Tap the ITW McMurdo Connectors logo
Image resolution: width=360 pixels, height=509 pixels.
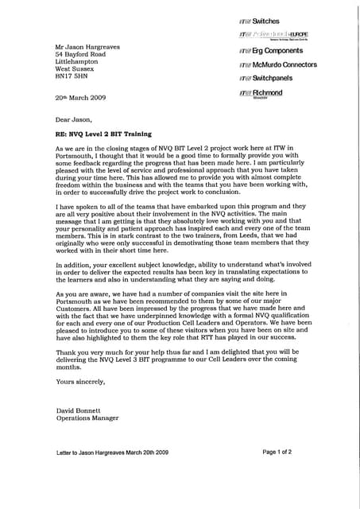(277, 64)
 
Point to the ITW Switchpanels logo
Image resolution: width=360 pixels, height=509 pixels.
(265, 79)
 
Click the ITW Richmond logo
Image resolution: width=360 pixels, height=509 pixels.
(261, 94)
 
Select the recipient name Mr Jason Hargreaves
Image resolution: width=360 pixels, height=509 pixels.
(87, 47)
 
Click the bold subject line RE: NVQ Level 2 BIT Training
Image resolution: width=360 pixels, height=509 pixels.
(103, 134)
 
